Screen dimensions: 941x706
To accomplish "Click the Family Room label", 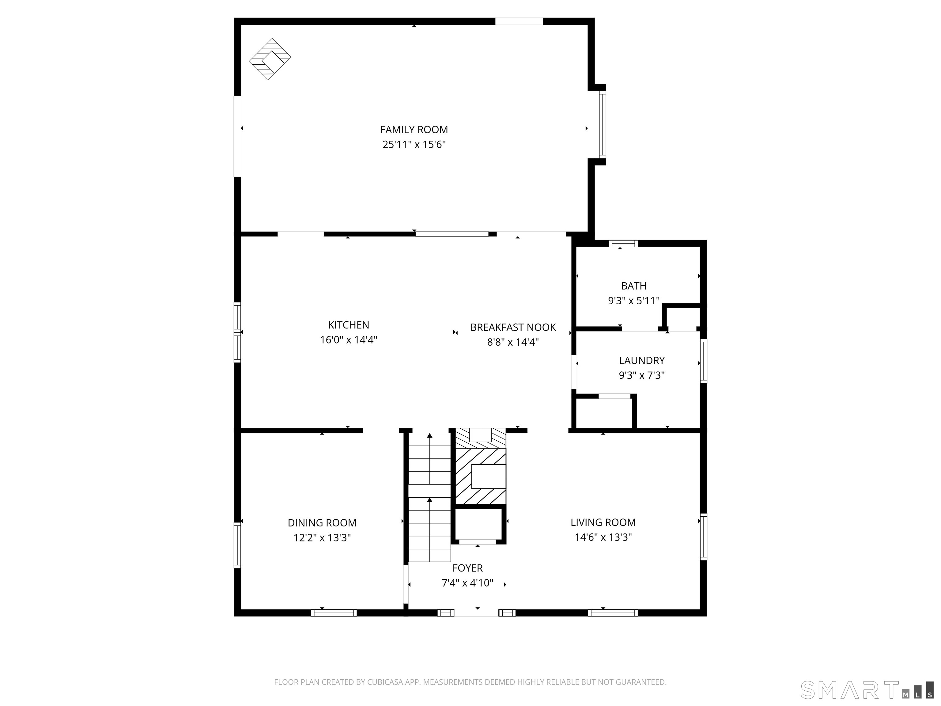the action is pyautogui.click(x=414, y=129).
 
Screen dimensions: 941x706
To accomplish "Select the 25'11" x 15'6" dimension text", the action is pyautogui.click(x=414, y=144).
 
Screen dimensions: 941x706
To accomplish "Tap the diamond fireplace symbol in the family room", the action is pyautogui.click(x=270, y=59).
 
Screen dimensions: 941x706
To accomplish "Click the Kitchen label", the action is pyautogui.click(x=348, y=325).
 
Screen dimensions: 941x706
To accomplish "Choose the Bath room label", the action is pyautogui.click(x=633, y=286).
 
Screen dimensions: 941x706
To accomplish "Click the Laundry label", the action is pyautogui.click(x=641, y=360).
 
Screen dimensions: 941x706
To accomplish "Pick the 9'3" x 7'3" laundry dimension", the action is pyautogui.click(x=641, y=375).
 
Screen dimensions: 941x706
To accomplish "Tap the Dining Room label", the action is pyautogui.click(x=322, y=522).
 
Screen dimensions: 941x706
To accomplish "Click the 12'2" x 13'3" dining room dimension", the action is pyautogui.click(x=322, y=537).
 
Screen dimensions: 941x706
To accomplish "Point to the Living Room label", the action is pyautogui.click(x=603, y=522).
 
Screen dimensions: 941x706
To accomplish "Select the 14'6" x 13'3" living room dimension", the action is pyautogui.click(x=603, y=537).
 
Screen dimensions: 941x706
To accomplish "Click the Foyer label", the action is pyautogui.click(x=467, y=568).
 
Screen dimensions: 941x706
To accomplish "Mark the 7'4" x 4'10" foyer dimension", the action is pyautogui.click(x=467, y=583).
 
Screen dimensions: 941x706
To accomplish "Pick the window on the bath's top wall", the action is pyautogui.click(x=623, y=243).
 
